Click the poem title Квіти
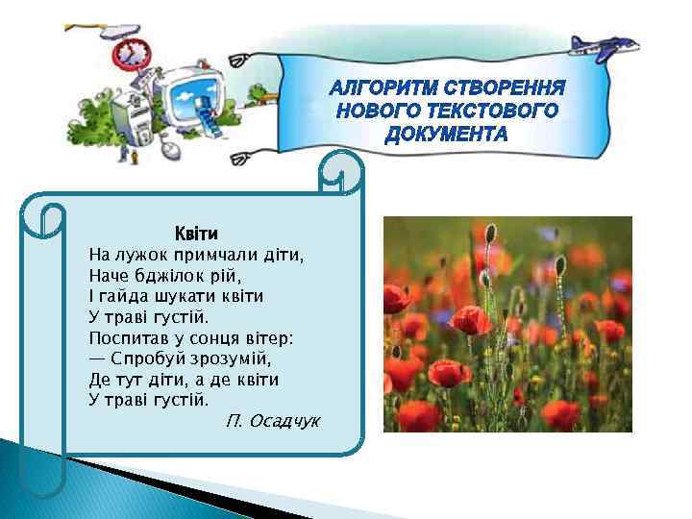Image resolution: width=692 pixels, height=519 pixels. coord(196,234)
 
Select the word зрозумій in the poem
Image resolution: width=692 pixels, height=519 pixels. coord(233,358)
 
